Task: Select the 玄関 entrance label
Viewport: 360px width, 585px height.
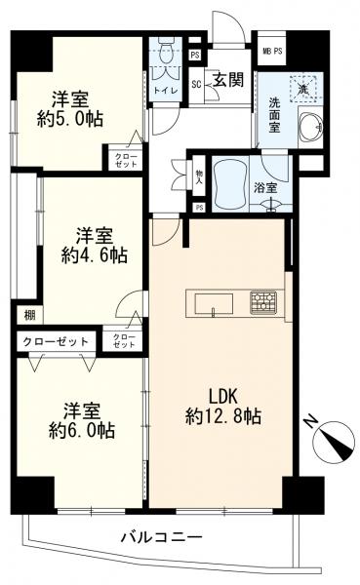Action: [x=228, y=80]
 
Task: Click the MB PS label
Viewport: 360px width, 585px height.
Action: [x=272, y=52]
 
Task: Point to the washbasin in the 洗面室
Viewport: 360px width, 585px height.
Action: [x=310, y=126]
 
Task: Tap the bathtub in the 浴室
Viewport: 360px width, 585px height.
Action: [x=230, y=184]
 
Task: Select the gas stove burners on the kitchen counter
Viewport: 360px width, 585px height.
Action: [x=263, y=301]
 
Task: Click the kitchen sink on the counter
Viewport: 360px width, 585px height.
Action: [x=214, y=304]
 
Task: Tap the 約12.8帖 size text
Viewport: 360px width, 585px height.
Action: [x=223, y=416]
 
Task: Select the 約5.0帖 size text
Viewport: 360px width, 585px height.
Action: [x=70, y=119]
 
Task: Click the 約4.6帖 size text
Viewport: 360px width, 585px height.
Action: [x=95, y=255]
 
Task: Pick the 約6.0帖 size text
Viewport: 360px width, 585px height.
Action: [x=82, y=430]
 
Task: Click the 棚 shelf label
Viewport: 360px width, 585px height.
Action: [x=30, y=315]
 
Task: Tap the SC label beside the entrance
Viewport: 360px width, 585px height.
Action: [x=196, y=84]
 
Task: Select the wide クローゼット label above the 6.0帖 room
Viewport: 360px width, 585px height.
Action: [x=56, y=341]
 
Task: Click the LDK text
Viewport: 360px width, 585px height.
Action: [x=223, y=397]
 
